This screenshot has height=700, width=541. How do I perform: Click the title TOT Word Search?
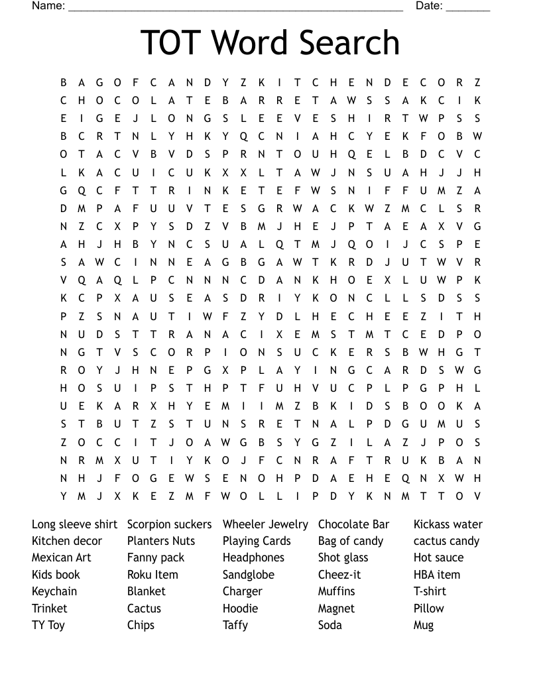pyautogui.click(x=270, y=42)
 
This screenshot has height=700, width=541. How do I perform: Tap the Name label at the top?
pyautogui.click(x=48, y=6)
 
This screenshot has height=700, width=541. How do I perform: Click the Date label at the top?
pyautogui.click(x=429, y=6)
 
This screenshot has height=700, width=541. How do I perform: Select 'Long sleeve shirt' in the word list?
pyautogui.click(x=74, y=524)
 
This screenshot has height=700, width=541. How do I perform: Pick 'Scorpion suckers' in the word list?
pyautogui.click(x=169, y=524)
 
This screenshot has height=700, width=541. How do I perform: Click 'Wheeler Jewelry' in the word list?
pyautogui.click(x=265, y=524)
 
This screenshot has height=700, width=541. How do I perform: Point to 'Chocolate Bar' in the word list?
pyautogui.click(x=353, y=524)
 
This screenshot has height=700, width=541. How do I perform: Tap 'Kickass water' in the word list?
pyautogui.click(x=448, y=524)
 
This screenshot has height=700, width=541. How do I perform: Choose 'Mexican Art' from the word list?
pyautogui.click(x=62, y=557)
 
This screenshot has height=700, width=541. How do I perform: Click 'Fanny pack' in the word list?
pyautogui.click(x=156, y=557)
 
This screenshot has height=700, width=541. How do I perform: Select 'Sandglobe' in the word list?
pyautogui.click(x=249, y=575)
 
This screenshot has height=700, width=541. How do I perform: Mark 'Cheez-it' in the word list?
pyautogui.click(x=339, y=575)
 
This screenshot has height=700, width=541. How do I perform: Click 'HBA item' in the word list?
pyautogui.click(x=437, y=575)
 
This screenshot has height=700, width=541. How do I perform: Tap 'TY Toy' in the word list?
pyautogui.click(x=48, y=625)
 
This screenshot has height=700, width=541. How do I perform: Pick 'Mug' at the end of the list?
pyautogui.click(x=424, y=625)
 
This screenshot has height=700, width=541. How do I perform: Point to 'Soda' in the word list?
pyautogui.click(x=330, y=625)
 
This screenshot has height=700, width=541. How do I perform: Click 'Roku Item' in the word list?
pyautogui.click(x=152, y=575)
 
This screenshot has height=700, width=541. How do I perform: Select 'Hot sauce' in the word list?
pyautogui.click(x=438, y=557)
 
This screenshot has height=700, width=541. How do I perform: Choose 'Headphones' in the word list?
pyautogui.click(x=253, y=557)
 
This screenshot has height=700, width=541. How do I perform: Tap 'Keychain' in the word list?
pyautogui.click(x=54, y=591)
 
